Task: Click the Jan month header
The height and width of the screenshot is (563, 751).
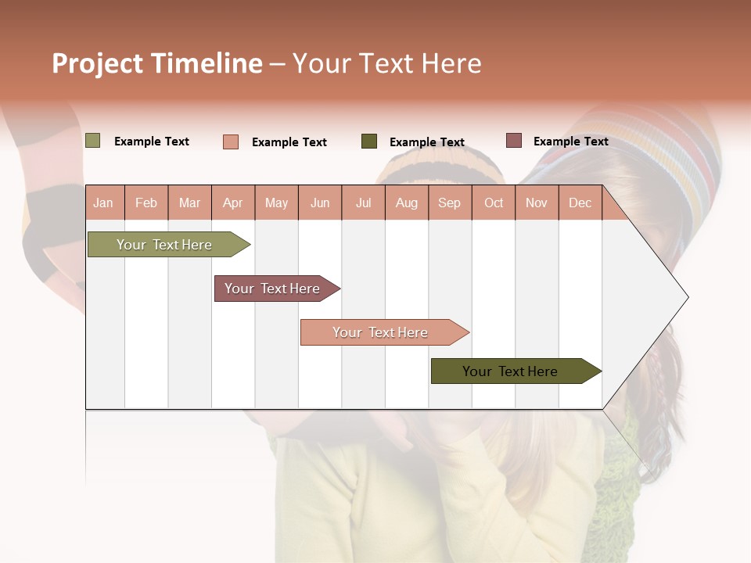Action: (x=103, y=203)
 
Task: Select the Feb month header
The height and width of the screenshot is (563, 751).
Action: (x=146, y=203)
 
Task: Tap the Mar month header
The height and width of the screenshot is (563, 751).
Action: (x=189, y=203)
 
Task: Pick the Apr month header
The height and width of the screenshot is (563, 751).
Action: (x=233, y=203)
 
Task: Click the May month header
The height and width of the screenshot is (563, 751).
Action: (x=276, y=203)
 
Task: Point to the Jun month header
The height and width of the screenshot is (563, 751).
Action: (x=320, y=203)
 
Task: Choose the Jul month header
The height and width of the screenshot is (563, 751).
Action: (x=363, y=203)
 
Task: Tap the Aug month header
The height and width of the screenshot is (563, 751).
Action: (x=407, y=203)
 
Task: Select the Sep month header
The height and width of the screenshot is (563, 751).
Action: (x=450, y=203)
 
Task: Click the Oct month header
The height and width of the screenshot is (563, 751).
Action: (x=494, y=203)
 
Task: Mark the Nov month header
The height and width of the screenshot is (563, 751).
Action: (x=537, y=203)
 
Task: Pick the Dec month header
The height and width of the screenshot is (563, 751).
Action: (x=580, y=203)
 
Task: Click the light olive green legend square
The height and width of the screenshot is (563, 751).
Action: (x=93, y=141)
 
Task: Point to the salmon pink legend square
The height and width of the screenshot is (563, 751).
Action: (x=231, y=142)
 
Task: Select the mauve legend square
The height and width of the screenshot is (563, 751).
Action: (x=513, y=141)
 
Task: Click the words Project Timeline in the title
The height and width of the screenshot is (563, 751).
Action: (x=157, y=63)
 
